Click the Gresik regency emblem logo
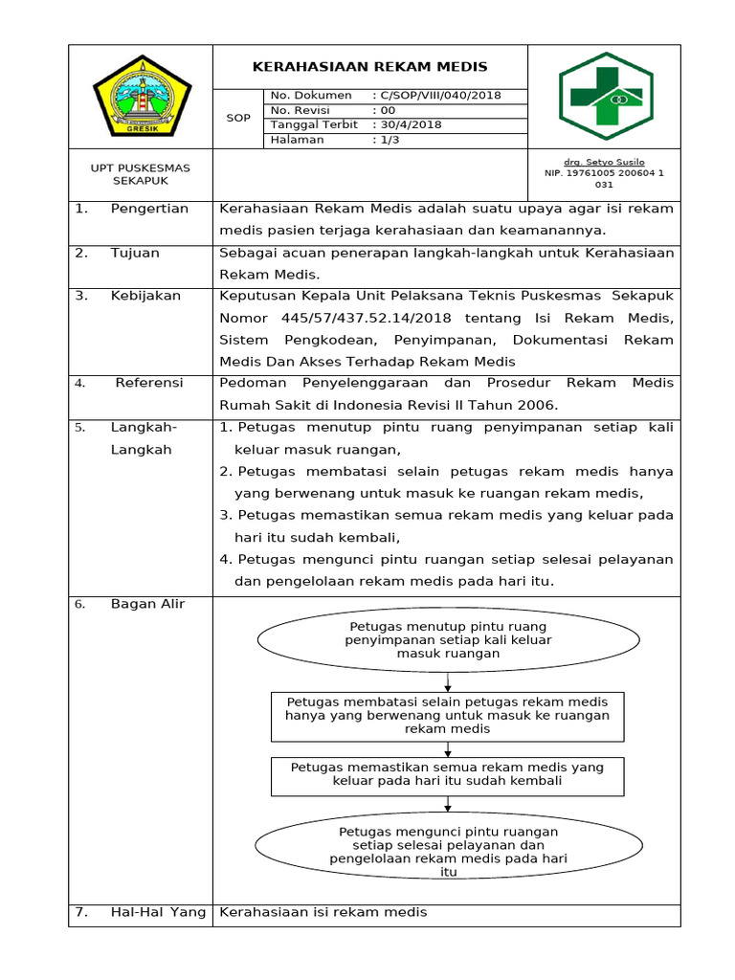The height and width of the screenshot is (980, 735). [142, 96]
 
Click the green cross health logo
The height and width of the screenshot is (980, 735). [605, 96]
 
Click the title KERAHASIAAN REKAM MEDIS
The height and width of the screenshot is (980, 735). [369, 67]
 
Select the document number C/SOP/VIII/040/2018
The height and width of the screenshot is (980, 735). [440, 96]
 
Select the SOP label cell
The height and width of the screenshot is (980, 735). [237, 118]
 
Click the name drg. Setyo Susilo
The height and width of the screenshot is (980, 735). [604, 163]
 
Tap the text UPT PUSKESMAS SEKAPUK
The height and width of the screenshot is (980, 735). [140, 173]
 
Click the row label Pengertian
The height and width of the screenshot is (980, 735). [149, 209]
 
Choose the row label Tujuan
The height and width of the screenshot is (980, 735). [135, 254]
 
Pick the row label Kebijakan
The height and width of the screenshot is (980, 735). [145, 296]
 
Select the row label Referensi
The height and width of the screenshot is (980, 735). [149, 383]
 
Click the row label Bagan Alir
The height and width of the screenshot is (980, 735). [147, 604]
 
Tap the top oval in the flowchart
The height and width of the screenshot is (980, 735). [448, 640]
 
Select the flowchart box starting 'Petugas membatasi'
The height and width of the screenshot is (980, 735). [447, 716]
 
